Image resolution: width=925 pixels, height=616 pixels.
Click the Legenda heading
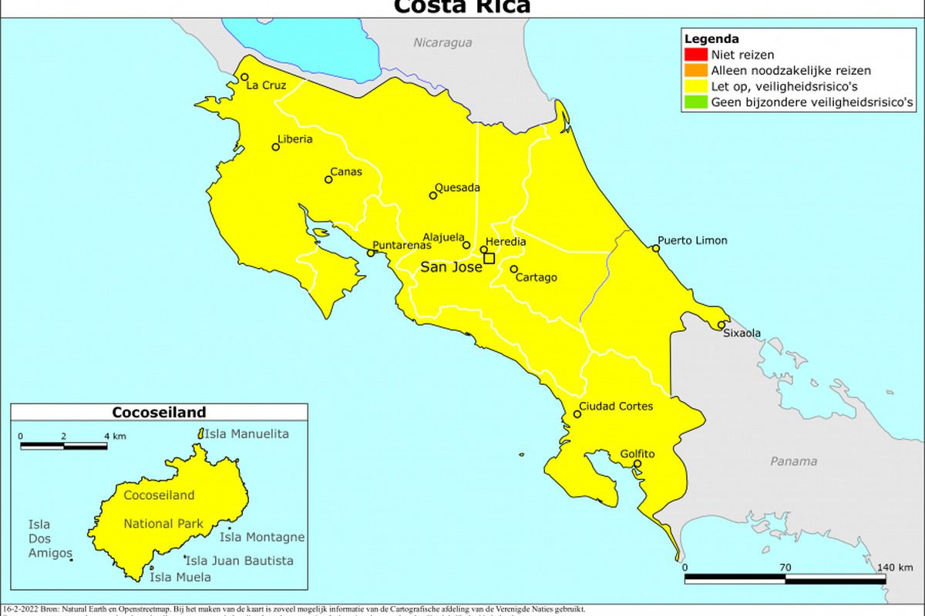tap(712, 38)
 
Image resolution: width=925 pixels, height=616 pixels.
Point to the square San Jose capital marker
tap(489, 258)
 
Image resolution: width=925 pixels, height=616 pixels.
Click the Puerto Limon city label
tap(692, 240)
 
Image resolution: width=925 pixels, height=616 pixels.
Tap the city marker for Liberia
tap(275, 146)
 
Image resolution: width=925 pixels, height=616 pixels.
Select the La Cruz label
tap(266, 85)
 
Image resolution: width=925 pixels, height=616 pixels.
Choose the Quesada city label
tap(458, 187)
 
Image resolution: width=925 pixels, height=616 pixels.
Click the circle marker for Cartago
tap(513, 269)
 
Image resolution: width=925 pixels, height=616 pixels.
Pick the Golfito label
tap(637, 454)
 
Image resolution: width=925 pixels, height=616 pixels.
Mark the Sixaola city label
tap(742, 333)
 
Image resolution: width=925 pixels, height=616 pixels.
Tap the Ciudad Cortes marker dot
tap(577, 414)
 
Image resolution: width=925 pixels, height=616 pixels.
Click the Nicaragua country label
tap(442, 43)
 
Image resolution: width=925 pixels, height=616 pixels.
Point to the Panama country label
tap(794, 461)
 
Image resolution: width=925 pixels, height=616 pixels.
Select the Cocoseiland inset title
tap(159, 412)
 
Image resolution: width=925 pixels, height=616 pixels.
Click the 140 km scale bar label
tap(894, 567)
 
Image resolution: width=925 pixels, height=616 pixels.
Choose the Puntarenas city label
tap(402, 245)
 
